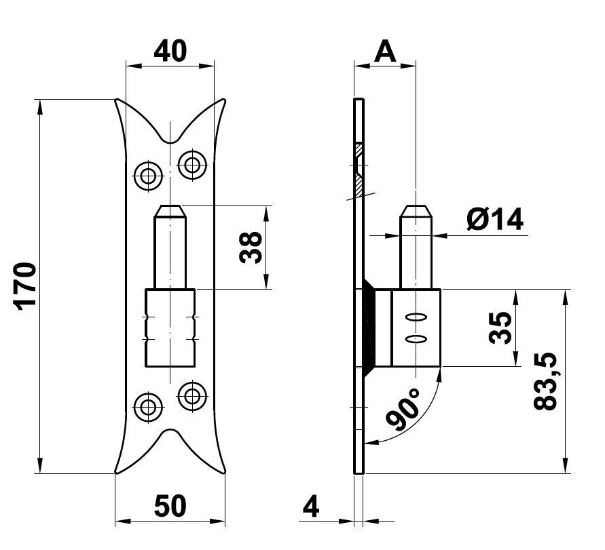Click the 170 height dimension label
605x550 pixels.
(25, 286)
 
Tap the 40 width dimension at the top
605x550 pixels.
(170, 51)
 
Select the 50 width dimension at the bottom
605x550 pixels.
(170, 507)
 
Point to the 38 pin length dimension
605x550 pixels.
(251, 248)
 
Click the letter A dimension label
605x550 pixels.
(385, 51)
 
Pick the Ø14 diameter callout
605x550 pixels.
(495, 220)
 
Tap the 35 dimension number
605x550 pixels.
(500, 329)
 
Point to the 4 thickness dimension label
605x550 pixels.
(310, 506)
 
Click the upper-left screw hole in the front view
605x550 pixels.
(147, 175)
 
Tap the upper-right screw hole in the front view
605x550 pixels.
(192, 163)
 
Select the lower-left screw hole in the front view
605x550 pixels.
(147, 407)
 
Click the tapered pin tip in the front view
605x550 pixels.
(170, 211)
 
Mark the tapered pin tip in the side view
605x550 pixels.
(416, 211)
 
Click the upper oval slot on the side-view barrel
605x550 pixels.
(416, 317)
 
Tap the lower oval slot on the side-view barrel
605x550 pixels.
(416, 338)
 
